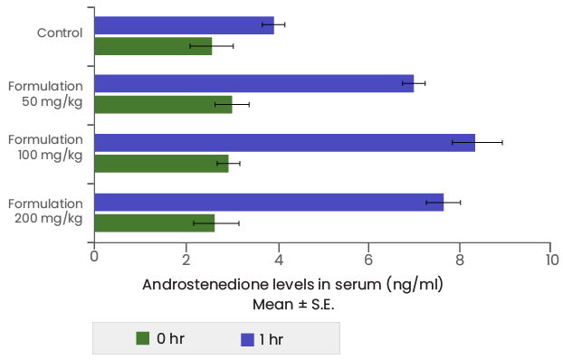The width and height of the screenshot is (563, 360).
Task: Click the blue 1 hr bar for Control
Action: coord(184,25)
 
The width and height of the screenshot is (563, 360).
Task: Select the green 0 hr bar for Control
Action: coord(153,46)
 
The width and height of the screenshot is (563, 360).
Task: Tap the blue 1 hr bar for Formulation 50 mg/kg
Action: coord(253,84)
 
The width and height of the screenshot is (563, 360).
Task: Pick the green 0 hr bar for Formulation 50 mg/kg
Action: coord(163,105)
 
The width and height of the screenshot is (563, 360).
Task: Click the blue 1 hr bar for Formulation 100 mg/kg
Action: coord(284,143)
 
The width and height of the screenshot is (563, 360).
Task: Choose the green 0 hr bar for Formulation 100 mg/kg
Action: coord(161,164)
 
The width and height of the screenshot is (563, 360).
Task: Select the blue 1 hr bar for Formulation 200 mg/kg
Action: coord(269,202)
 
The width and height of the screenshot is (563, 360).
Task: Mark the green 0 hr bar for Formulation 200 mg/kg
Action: coord(155,223)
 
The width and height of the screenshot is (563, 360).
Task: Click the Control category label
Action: coord(60,33)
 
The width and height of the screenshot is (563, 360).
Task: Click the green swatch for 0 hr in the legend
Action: coord(143,339)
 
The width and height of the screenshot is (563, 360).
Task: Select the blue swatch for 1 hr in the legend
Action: coord(246,339)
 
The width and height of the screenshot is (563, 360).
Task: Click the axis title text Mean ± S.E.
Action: coord(292,303)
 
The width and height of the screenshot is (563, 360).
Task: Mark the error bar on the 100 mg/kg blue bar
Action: coord(477,142)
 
